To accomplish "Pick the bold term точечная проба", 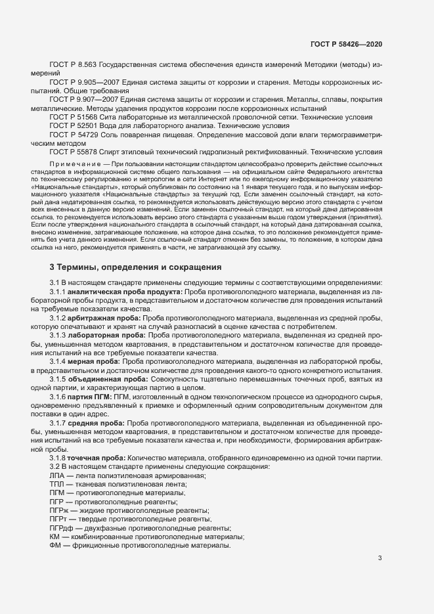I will (99, 458).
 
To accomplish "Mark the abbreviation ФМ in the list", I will (56, 544).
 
